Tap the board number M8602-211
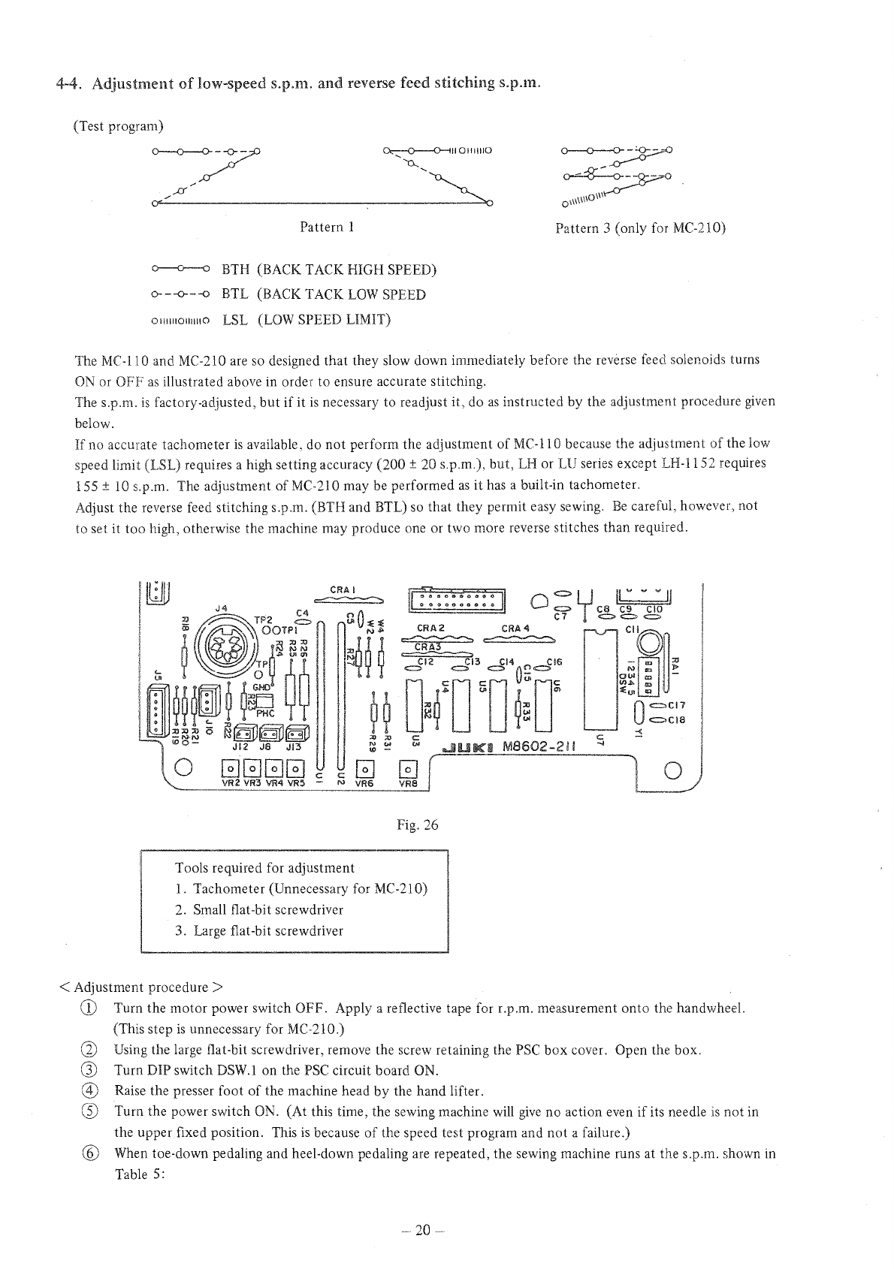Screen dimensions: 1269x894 pos(540,747)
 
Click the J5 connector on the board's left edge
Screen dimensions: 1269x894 pos(155,711)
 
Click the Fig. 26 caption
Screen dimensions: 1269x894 pos(418,825)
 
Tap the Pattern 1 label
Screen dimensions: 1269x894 pos(327,227)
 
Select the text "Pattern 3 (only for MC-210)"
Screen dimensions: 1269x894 pos(640,228)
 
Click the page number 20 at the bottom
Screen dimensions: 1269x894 pos(424,1230)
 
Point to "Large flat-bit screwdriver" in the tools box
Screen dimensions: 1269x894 pos(267,931)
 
